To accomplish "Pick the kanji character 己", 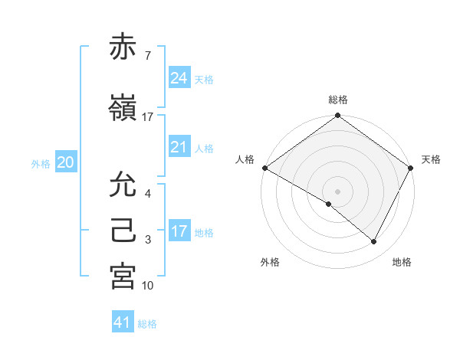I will (x=123, y=231).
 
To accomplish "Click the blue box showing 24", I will (x=179, y=78).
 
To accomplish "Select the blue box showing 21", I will (x=179, y=147).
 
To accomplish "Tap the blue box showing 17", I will (x=179, y=231).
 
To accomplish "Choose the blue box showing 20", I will (x=65, y=162).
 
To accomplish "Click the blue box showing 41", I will (x=123, y=322).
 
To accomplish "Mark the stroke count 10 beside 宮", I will (x=147, y=286).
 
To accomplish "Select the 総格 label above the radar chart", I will (x=337, y=100).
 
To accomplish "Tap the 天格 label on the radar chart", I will (x=431, y=159).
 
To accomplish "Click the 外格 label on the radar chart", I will (x=270, y=262).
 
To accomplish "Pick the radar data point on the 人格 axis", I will (x=264, y=168).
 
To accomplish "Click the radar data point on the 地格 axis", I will (x=374, y=242).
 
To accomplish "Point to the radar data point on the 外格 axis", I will (x=329, y=204).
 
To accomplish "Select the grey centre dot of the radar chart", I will (x=337, y=191).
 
